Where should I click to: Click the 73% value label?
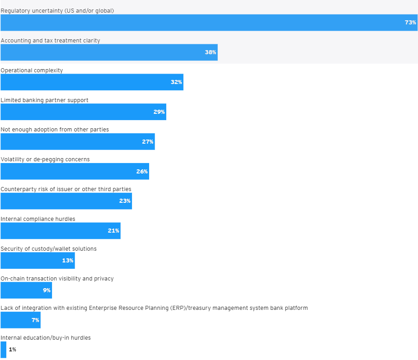click(x=410, y=23)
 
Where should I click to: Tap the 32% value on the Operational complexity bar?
click(x=176, y=82)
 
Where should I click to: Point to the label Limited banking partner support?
click(x=44, y=100)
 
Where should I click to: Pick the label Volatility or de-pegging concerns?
click(x=45, y=159)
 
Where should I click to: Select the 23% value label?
click(x=125, y=201)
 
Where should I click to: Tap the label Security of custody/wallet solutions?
click(x=48, y=249)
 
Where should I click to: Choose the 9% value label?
click(x=47, y=290)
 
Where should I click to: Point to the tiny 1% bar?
click(x=3, y=350)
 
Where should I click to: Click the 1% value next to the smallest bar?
click(x=12, y=350)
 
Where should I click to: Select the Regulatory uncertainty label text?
click(x=57, y=10)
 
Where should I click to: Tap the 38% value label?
click(x=211, y=52)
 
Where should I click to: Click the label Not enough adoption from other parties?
click(x=55, y=130)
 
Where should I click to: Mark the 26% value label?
click(x=142, y=172)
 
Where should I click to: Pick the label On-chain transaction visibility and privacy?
click(x=57, y=279)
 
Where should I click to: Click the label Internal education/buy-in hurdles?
click(x=46, y=338)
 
